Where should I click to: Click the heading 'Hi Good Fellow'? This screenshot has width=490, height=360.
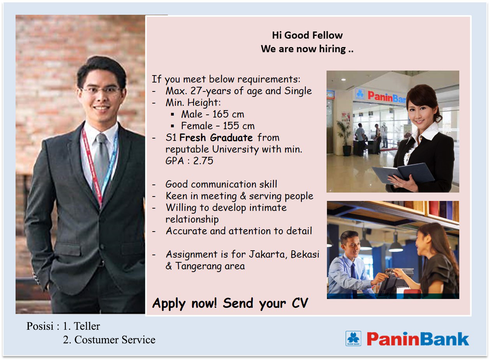coord(307,35)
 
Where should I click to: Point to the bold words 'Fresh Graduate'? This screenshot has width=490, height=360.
coord(216,138)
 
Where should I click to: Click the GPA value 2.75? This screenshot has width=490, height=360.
coord(203,161)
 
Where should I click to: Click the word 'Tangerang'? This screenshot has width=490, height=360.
coord(198,267)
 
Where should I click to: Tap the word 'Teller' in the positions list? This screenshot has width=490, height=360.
coord(87,326)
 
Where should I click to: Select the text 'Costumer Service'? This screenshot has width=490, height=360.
coord(115,340)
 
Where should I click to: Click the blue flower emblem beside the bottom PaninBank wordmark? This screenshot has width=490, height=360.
coord(353,339)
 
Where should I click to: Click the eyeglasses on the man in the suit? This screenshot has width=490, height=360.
coord(101,90)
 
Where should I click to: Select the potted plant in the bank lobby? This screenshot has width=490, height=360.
coord(345,138)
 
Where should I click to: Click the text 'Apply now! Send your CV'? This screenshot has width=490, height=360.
coord(230,304)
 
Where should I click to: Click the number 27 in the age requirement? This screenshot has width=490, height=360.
coord(196,91)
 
